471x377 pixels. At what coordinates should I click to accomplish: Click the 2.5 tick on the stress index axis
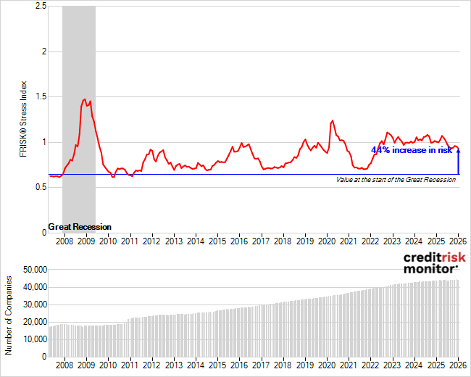tap(41, 7)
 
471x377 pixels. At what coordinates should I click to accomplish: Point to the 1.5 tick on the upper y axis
tap(41, 96)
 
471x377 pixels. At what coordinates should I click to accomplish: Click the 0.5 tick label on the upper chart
tap(41, 187)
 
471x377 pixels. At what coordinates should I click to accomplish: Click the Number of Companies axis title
tap(9, 315)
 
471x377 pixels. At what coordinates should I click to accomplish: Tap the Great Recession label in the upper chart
tap(80, 227)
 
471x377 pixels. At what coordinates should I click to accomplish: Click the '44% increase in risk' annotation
tap(411, 149)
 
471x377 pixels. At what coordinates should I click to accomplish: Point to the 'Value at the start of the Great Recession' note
tap(396, 180)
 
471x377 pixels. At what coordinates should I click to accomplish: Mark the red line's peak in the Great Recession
tap(85, 99)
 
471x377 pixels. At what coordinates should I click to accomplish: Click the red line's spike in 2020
tap(332, 120)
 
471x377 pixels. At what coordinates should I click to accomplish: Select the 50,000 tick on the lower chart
tap(33, 270)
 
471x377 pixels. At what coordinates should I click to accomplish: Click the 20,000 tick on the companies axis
tap(33, 322)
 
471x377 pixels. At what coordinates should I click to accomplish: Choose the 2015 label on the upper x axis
tap(217, 241)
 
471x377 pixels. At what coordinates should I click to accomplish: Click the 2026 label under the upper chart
tap(458, 241)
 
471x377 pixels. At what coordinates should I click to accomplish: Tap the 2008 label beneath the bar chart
tap(64, 366)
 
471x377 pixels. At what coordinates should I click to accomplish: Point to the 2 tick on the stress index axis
tap(44, 51)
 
